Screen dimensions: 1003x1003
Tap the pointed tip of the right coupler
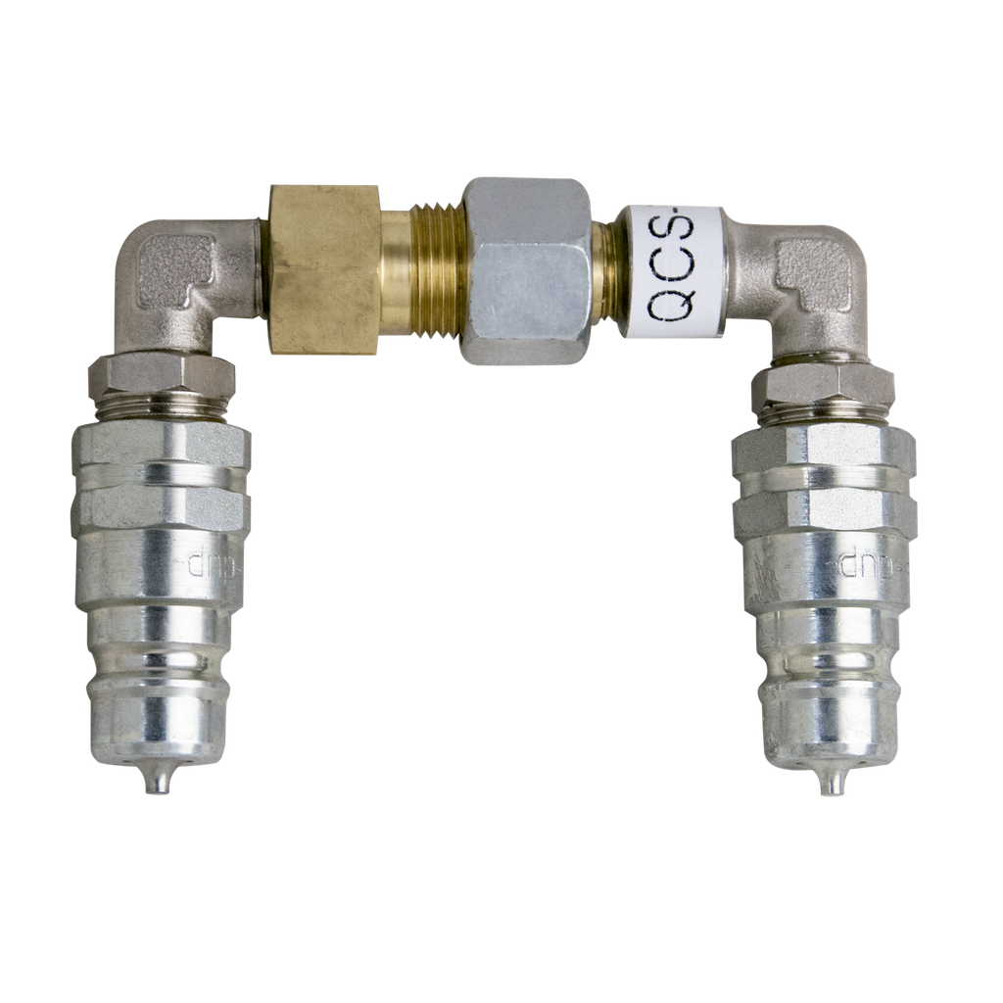coord(829,784)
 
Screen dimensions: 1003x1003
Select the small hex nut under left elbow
coord(160,375)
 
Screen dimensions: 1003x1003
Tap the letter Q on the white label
coord(672,308)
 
